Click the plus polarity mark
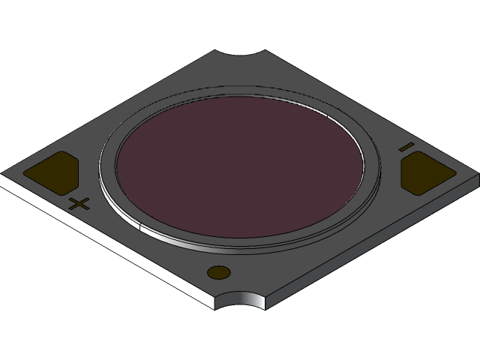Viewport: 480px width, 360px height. click(79, 203)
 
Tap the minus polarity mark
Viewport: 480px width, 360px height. click(406, 145)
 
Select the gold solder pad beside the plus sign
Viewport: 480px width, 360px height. click(53, 171)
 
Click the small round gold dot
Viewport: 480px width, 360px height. click(218, 273)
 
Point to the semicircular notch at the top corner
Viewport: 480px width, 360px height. click(240, 56)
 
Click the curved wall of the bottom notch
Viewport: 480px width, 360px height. click(240, 300)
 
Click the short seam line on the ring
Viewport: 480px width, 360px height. click(140, 223)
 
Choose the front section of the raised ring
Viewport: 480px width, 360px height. click(240, 244)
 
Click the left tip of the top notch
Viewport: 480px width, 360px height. click(215, 51)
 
